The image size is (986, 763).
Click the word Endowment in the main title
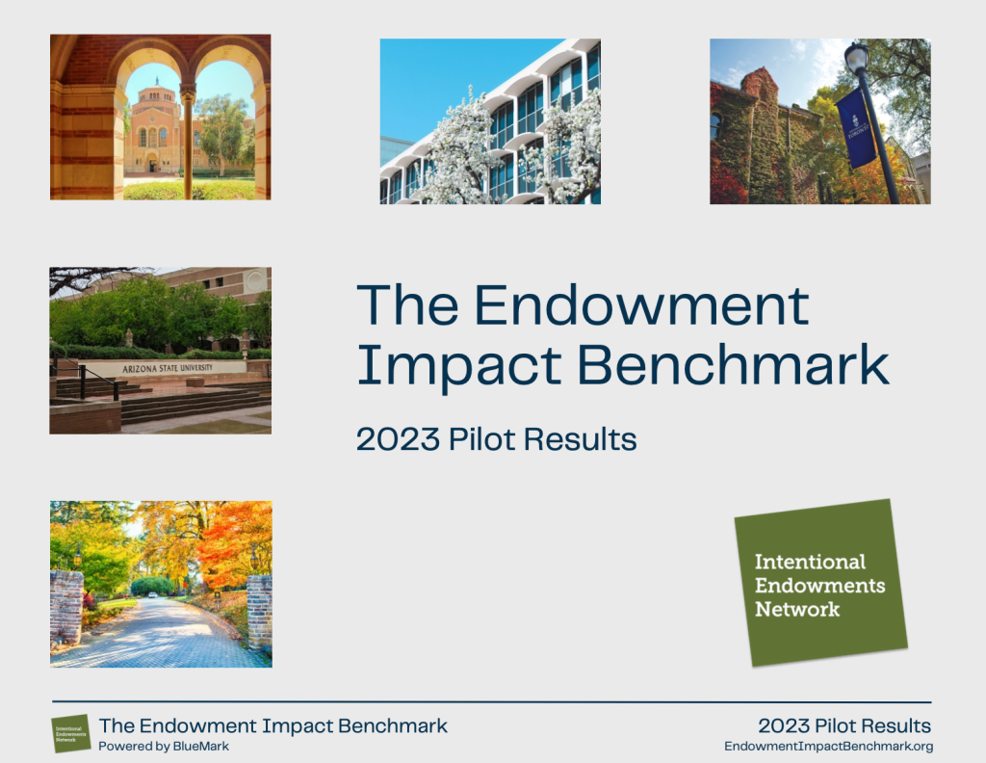click(x=641, y=307)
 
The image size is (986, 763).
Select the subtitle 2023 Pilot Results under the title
click(x=496, y=439)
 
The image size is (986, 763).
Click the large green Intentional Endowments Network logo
click(x=819, y=583)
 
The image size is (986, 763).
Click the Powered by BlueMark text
click(x=164, y=747)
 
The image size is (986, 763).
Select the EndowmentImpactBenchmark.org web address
click(x=828, y=747)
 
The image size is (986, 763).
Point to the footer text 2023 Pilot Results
click(x=844, y=725)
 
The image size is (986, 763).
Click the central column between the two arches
click(x=188, y=135)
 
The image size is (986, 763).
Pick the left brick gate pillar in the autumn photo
click(x=66, y=607)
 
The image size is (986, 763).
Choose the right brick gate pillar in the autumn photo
click(x=259, y=612)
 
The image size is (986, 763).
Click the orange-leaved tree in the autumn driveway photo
click(x=231, y=544)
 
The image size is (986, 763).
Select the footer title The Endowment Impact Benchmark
click(x=273, y=725)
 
